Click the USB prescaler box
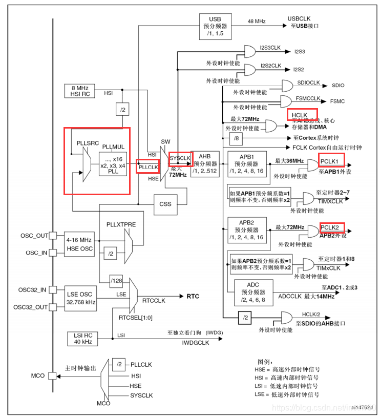click(x=215, y=25)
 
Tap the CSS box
click(x=165, y=204)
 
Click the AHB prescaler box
click(x=205, y=164)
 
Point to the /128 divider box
click(x=117, y=279)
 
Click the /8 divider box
click(x=236, y=138)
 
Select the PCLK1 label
click(x=331, y=161)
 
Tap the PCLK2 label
click(x=331, y=227)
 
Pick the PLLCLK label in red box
click(x=147, y=167)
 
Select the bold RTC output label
click(x=193, y=296)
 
